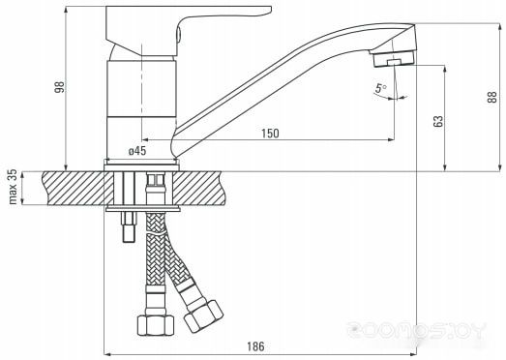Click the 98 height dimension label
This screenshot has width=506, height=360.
click(x=59, y=87)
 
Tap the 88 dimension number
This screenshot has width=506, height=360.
click(x=492, y=97)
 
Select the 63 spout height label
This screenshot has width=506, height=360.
click(x=439, y=121)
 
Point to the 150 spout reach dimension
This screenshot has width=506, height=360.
click(x=270, y=133)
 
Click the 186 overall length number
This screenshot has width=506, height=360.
click(x=255, y=346)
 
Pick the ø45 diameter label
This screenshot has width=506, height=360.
click(x=137, y=150)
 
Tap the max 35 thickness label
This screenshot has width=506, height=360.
click(x=13, y=187)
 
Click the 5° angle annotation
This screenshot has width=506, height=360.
click(x=381, y=88)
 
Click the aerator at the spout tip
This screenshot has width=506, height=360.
click(x=394, y=59)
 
